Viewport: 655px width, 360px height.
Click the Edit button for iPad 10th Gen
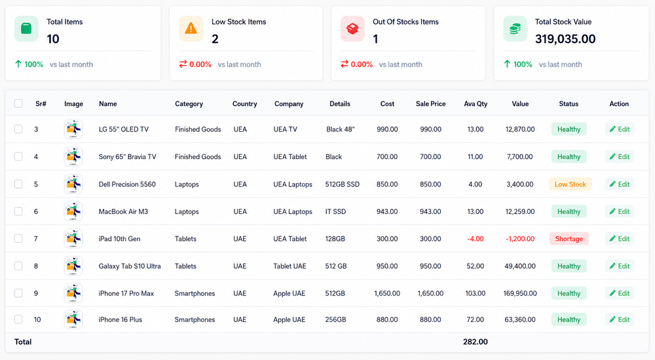click(x=620, y=238)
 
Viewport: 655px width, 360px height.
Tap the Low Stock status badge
click(x=571, y=184)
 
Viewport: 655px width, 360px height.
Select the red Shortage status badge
click(x=569, y=238)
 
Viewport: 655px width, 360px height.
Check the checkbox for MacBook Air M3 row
click(x=18, y=211)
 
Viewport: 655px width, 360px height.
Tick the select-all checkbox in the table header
click(x=18, y=103)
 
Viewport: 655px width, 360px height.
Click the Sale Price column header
click(x=431, y=103)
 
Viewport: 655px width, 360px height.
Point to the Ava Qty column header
click(x=476, y=103)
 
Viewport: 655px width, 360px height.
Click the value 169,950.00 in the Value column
click(x=520, y=293)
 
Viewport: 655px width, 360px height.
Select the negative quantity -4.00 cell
click(x=476, y=239)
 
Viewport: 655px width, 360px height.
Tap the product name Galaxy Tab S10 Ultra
click(x=130, y=266)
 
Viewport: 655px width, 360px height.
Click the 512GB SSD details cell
click(x=342, y=184)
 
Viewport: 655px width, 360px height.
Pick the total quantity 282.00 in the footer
click(x=476, y=342)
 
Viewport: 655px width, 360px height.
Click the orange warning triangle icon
click(x=191, y=28)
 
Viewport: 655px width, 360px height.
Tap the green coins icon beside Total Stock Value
click(x=515, y=28)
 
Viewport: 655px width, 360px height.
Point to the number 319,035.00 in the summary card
click(x=565, y=39)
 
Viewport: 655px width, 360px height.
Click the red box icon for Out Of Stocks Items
click(x=352, y=28)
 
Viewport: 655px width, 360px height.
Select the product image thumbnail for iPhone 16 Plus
click(x=73, y=319)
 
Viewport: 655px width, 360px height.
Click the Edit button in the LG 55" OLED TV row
click(x=620, y=129)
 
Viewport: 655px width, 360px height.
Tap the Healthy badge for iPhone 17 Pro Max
click(x=569, y=293)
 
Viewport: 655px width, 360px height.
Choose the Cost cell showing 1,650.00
click(x=387, y=293)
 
